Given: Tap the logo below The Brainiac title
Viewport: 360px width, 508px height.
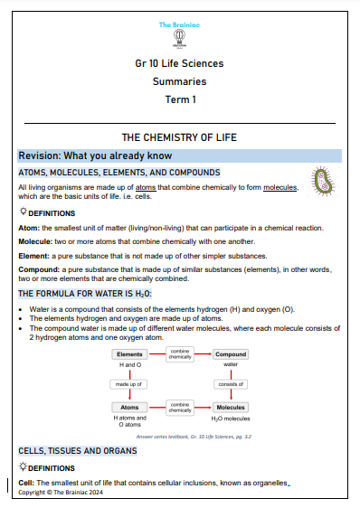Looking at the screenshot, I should click(179, 40).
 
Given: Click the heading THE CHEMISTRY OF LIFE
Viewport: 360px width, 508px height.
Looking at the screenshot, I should click(179, 137).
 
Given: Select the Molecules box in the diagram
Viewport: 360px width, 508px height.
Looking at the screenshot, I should click(231, 407).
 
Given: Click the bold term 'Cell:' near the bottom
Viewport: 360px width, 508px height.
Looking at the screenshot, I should click(26, 484).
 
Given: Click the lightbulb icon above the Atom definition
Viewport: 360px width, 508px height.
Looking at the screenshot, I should click(24, 212).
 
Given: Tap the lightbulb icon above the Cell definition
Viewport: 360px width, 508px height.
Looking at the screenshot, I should click(24, 468).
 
